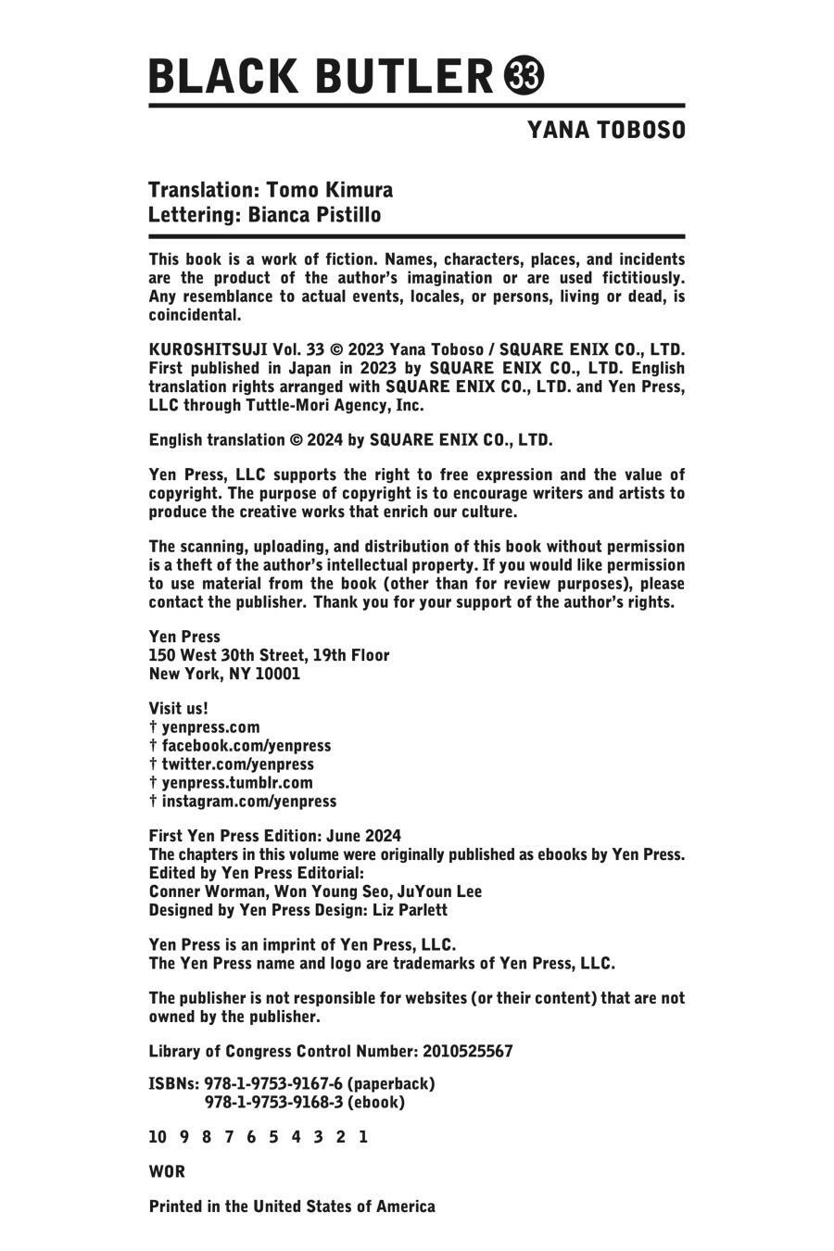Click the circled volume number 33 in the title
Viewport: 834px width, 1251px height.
coord(524,76)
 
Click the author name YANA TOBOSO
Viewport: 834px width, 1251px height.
coord(606,131)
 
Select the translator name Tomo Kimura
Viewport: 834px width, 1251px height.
coord(329,190)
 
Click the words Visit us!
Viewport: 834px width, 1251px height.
coord(179,709)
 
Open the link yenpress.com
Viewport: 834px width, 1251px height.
coord(210,727)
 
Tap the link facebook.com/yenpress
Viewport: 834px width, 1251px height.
coord(246,746)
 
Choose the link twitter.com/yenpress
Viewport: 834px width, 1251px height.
coord(237,764)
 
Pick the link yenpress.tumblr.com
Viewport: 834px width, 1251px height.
coord(237,783)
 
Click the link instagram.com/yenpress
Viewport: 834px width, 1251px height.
coord(248,802)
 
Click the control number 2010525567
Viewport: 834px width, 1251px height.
coord(467,1052)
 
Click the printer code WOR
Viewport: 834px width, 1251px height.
coord(167,1172)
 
